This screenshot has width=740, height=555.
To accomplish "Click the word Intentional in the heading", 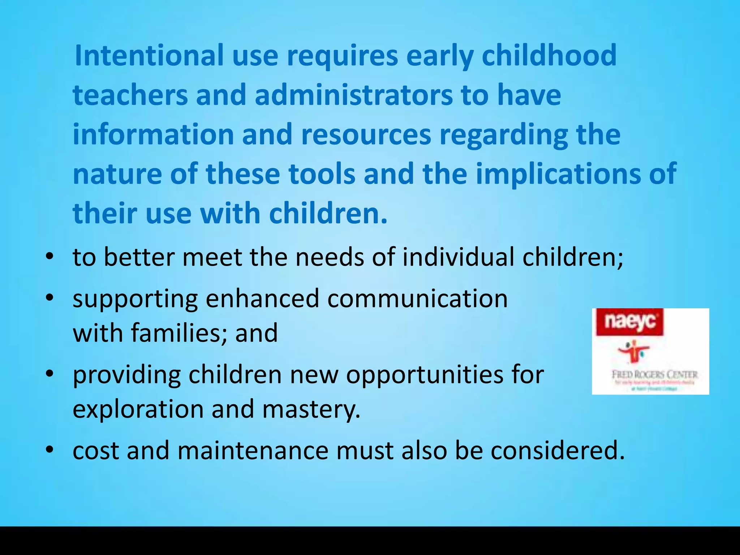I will pyautogui.click(x=149, y=55).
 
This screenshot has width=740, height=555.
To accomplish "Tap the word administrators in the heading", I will pyautogui.click(x=353, y=95).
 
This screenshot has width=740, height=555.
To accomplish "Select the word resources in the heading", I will pyautogui.click(x=366, y=134).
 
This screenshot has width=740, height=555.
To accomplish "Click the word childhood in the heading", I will pyautogui.click(x=549, y=55).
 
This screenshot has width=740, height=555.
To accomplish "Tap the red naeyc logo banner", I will pyautogui.click(x=629, y=322).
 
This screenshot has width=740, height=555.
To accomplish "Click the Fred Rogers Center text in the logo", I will pyautogui.click(x=654, y=374).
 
